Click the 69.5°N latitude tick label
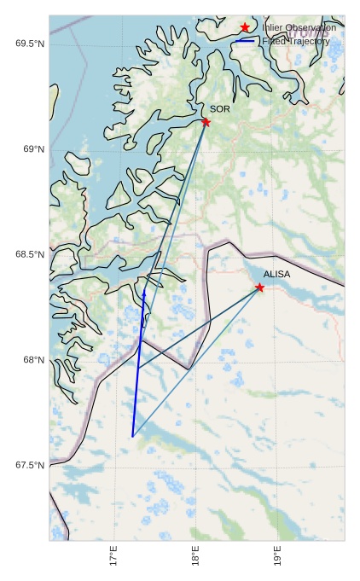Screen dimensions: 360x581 point(30,44)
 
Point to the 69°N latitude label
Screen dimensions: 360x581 point(33,149)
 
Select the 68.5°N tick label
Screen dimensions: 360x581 point(30,255)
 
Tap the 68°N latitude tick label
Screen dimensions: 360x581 point(33,360)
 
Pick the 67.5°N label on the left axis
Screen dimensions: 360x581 point(30,466)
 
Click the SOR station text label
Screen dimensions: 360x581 point(219,109)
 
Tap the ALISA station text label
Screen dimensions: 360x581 point(276,275)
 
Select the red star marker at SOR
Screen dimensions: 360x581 point(206,122)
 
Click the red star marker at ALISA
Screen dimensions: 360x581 point(259,288)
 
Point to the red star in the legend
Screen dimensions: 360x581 point(245,27)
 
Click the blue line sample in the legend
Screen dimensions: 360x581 point(245,41)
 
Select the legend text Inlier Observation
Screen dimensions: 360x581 point(299,27)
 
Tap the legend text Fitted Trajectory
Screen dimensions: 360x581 point(295,41)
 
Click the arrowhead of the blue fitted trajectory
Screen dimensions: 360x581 point(144,293)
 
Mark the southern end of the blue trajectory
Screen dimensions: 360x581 point(132,437)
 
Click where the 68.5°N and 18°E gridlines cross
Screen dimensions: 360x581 point(196,255)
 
